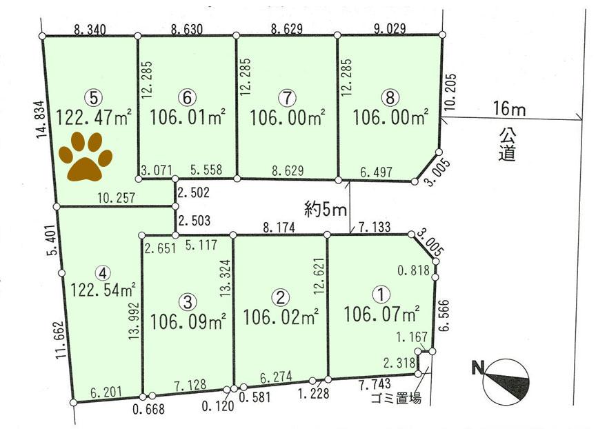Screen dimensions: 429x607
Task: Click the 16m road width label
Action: point(510,109)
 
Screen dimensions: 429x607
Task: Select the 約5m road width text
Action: point(324,208)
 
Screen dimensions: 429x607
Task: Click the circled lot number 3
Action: point(188,301)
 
